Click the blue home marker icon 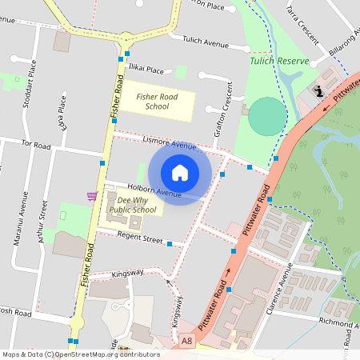pos(180,173)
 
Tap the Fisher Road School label pos(157,102)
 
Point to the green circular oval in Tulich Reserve pos(266,117)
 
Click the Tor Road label pos(36,146)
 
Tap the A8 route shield pos(187,341)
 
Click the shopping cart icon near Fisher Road pos(92,196)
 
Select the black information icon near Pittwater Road pos(319,90)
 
